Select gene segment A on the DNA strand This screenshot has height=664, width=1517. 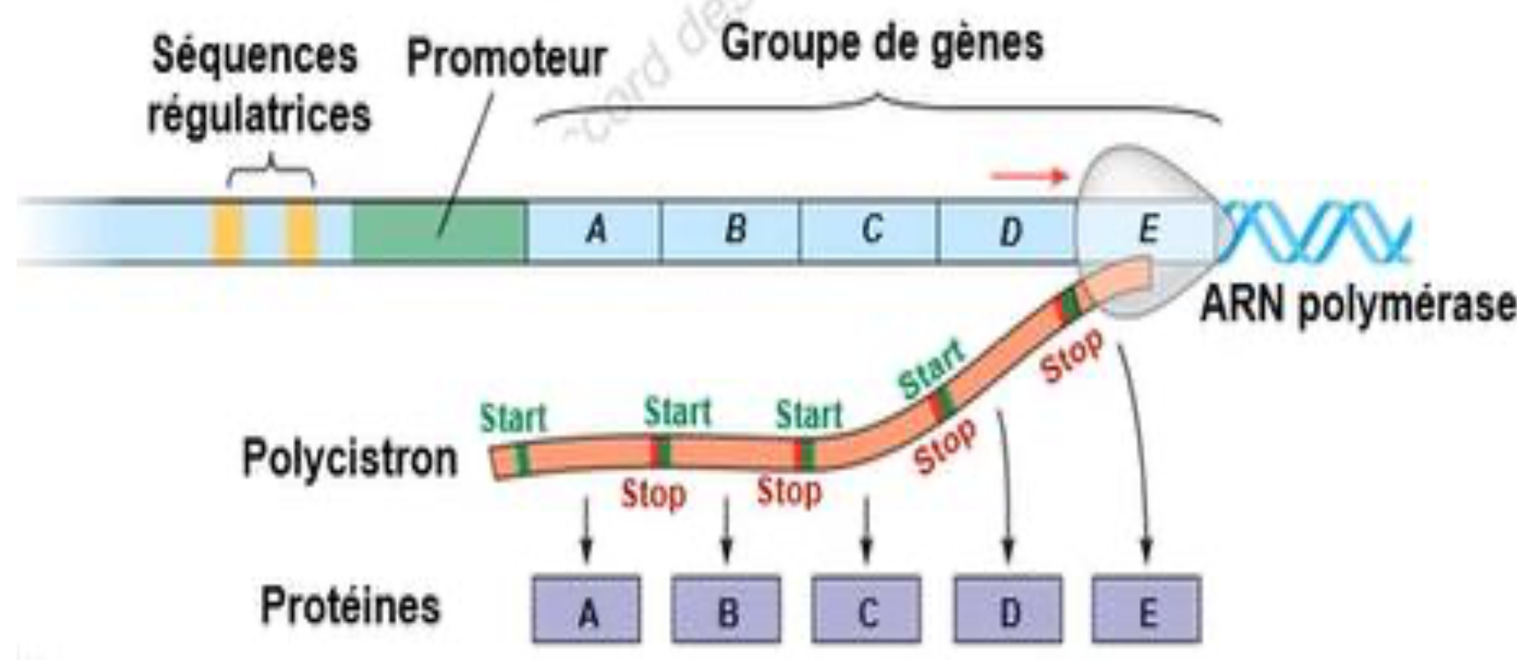click(x=595, y=231)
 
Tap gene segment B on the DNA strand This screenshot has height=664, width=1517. click(x=732, y=231)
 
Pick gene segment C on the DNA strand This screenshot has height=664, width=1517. click(x=870, y=231)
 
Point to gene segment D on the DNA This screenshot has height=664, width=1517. click(x=1009, y=232)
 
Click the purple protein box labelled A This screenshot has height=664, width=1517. click(x=588, y=610)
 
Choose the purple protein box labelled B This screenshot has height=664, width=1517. click(x=727, y=610)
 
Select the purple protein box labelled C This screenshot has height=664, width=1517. click(x=867, y=610)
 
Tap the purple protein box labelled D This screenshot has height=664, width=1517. click(x=1008, y=610)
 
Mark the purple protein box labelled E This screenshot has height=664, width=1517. click(x=1147, y=610)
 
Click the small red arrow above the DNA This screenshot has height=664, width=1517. click(x=1030, y=176)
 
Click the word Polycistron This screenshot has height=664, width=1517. click(x=349, y=459)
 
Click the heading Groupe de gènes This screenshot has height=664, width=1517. click(x=883, y=41)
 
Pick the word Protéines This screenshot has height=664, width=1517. click(x=349, y=606)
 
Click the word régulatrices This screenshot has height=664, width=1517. click(x=259, y=114)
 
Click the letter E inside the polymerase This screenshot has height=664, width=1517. click(x=1147, y=229)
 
